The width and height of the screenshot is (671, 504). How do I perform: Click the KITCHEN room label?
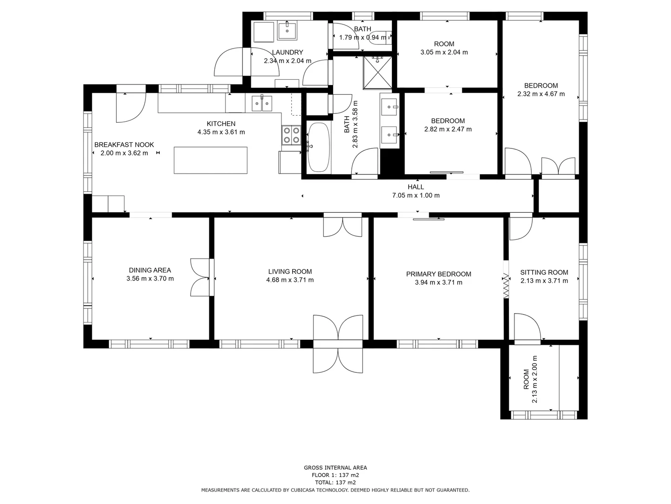tap(221, 124)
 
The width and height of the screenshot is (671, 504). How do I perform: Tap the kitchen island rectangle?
tap(211, 160)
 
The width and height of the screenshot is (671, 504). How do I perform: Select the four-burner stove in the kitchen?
tap(291, 135)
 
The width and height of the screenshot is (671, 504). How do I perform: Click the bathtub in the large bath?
tap(319, 147)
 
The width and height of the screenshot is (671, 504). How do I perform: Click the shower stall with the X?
tap(377, 72)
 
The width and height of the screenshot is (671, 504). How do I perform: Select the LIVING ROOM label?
tap(290, 272)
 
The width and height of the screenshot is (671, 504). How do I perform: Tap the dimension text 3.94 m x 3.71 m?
tap(438, 282)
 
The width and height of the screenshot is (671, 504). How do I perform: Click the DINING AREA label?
tap(150, 270)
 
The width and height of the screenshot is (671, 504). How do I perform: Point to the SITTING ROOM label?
tap(544, 273)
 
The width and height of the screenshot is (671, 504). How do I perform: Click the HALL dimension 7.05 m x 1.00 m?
tap(416, 196)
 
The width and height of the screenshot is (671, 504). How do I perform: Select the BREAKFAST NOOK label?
tap(124, 145)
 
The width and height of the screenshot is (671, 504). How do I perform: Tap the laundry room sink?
tap(288, 31)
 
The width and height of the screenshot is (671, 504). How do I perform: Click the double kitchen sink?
tap(262, 103)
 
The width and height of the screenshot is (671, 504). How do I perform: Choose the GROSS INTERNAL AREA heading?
tap(335, 468)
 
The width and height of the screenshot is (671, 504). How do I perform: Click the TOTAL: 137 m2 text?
tap(335, 483)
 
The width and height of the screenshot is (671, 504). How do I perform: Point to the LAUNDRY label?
tap(288, 53)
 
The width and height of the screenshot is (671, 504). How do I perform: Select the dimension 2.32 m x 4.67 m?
tap(541, 94)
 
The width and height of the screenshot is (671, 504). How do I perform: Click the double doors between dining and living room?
tap(201, 277)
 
